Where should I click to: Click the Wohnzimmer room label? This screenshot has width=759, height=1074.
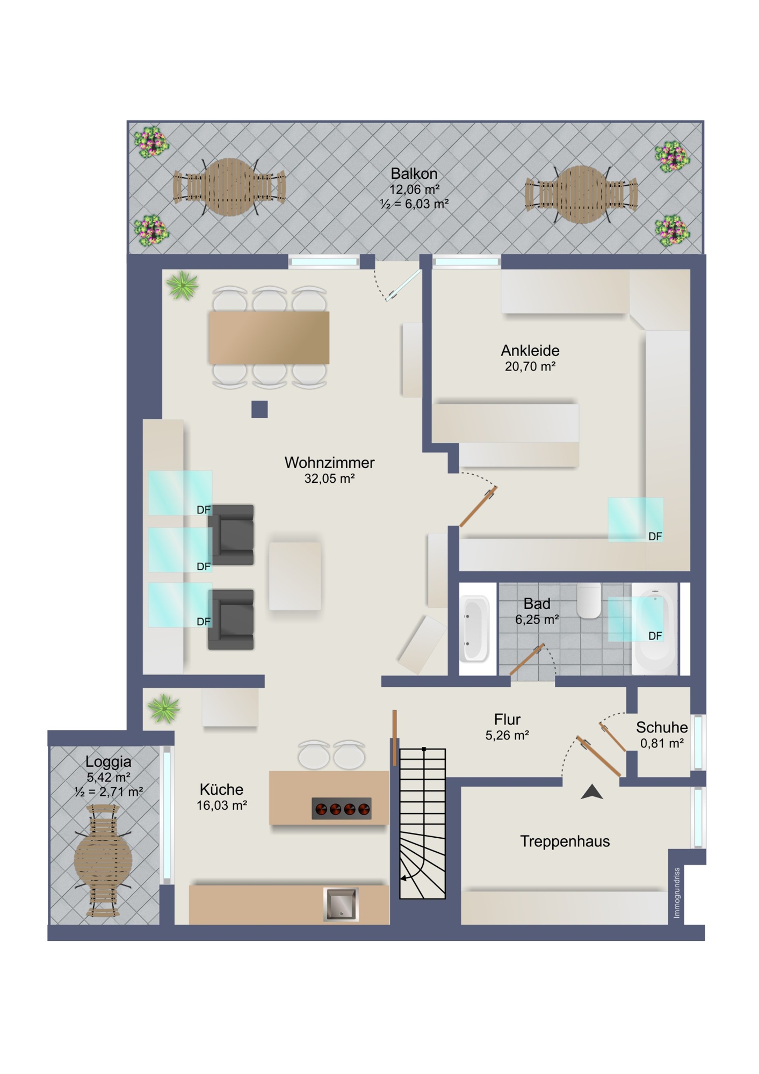coord(329,462)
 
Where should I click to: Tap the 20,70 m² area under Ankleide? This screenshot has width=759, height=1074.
coord(530,367)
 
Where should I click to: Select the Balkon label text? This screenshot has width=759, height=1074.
coord(414,173)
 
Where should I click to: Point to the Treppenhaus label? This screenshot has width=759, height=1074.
coord(565,841)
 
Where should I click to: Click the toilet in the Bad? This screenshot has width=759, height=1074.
coord(589,600)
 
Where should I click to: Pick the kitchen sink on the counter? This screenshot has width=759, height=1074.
coord(341,904)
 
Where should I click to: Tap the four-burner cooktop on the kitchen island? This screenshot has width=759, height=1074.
coord(342,808)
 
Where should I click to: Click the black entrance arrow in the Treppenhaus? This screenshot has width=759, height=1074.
coord(591,792)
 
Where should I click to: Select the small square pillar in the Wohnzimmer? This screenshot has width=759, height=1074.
coord(259,409)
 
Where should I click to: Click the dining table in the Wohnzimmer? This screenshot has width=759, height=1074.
coord(269,338)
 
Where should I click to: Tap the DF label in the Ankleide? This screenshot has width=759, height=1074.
coord(655,536)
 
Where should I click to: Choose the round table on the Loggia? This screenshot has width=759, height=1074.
coord(103,860)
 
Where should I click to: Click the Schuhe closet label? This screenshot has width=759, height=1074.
coord(661,727)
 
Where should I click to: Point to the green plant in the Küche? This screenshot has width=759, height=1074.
coord(164,708)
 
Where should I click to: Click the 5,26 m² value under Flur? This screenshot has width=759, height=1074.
coord(507,736)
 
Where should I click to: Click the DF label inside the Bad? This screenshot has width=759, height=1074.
coord(655,636)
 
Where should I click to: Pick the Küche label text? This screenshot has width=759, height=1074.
coord(221,789)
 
